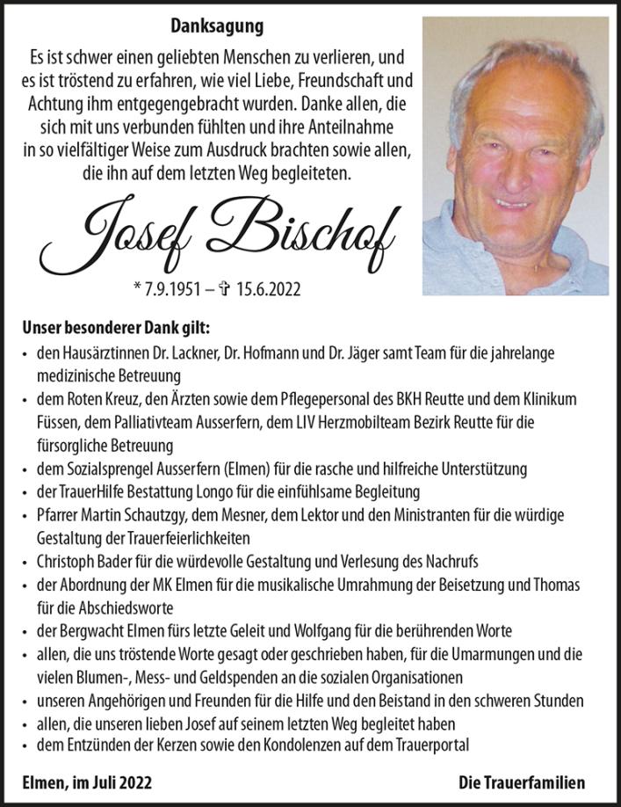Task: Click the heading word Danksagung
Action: [216, 27]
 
